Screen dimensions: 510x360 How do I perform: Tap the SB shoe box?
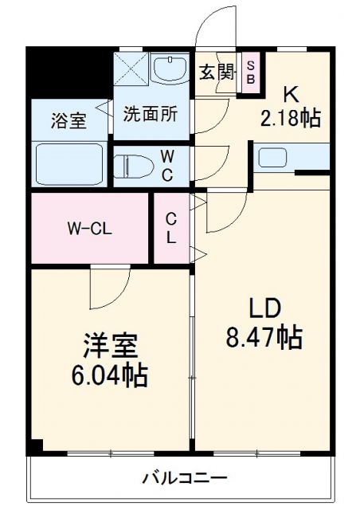click(250, 73)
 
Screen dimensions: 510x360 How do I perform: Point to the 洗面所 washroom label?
click(150, 112)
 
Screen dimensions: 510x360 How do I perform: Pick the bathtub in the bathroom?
click(70, 163)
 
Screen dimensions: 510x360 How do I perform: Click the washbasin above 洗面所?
click(168, 70)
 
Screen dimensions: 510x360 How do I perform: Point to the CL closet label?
click(171, 228)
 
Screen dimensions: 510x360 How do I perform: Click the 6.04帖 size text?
click(111, 375)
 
